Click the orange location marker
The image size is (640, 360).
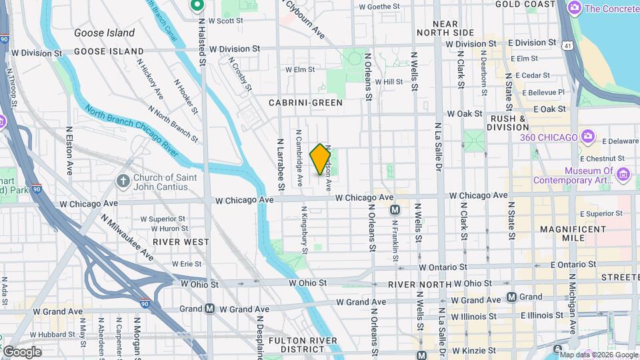321,158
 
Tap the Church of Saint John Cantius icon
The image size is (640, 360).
123,181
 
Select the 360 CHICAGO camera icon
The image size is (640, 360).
587,137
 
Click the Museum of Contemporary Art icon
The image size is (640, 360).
623,175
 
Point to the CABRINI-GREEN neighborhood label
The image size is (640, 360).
305,103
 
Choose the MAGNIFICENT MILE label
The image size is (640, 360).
572,235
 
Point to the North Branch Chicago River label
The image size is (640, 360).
131,130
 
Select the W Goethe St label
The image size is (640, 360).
379,7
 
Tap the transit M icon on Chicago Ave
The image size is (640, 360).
395,210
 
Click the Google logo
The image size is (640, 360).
21,351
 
